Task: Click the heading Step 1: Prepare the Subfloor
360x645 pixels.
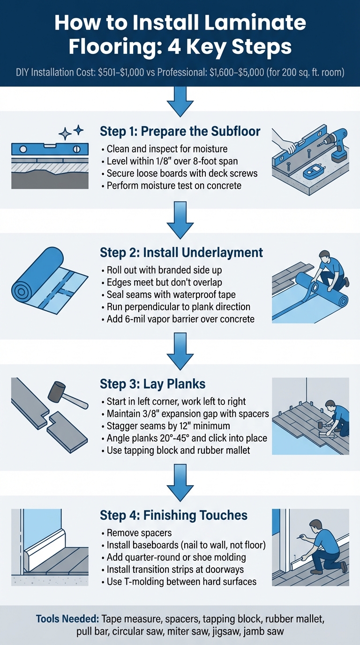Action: tap(180, 131)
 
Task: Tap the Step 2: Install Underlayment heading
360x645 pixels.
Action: tap(181, 253)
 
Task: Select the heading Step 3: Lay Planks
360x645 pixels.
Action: tap(153, 384)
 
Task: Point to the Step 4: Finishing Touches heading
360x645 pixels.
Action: tap(173, 515)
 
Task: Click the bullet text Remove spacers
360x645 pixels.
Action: tap(135, 532)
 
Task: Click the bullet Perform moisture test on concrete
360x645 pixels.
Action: tap(174, 186)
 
